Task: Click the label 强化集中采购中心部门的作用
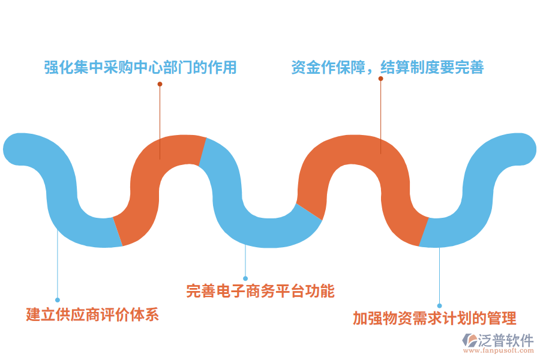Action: [x=140, y=67]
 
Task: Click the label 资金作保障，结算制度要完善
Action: [x=387, y=67]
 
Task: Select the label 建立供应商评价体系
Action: [x=92, y=314]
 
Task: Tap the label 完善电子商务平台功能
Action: [x=260, y=291]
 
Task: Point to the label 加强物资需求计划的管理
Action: [x=434, y=318]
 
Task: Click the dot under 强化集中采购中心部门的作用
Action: [x=160, y=84]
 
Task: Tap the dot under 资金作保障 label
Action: [x=380, y=78]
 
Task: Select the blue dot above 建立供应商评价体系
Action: [x=58, y=299]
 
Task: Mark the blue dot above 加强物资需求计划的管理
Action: [x=439, y=305]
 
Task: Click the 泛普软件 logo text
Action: [x=506, y=340]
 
